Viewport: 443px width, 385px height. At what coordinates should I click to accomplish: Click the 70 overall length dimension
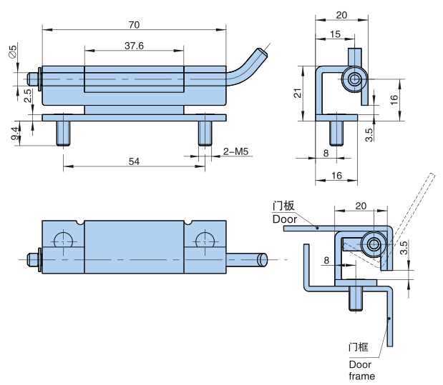(135, 25)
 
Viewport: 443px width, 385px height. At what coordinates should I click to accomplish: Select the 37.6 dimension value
(135, 46)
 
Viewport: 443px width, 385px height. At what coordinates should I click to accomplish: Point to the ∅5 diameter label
(13, 51)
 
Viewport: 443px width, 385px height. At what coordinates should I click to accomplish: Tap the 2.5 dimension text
(27, 96)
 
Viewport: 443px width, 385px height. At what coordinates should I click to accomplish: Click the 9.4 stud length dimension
(15, 134)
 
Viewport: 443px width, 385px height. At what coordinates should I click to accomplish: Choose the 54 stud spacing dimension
(135, 161)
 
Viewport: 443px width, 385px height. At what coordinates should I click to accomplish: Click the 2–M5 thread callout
(235, 151)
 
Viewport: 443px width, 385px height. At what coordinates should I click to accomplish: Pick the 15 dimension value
(335, 34)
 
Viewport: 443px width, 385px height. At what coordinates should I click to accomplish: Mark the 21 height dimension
(298, 93)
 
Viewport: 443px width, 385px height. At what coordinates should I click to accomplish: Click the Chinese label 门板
(283, 206)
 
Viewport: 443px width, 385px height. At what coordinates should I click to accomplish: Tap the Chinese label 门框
(359, 347)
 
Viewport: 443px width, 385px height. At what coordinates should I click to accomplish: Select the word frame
(362, 376)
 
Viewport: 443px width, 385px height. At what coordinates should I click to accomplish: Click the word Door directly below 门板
(285, 219)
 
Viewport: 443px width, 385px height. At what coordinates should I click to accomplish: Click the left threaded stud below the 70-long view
(63, 134)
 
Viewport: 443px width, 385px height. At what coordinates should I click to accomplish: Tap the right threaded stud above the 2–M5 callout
(205, 134)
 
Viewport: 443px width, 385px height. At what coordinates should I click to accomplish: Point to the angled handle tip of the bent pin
(261, 53)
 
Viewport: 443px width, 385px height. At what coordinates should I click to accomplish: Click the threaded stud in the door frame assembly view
(356, 299)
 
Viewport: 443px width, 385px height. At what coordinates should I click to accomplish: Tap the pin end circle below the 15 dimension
(354, 79)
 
